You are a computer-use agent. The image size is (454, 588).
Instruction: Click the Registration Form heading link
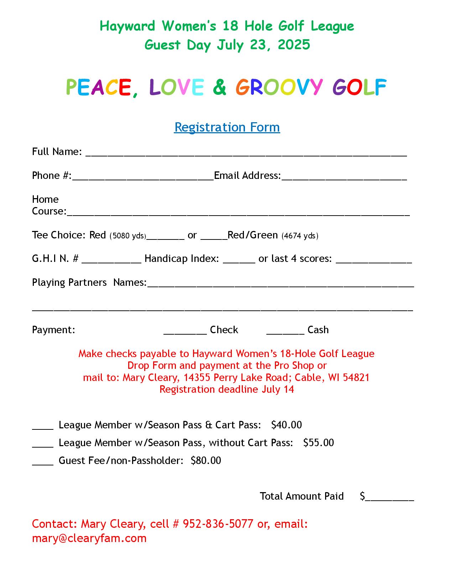pyautogui.click(x=227, y=127)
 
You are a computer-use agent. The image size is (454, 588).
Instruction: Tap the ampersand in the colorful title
pyautogui.click(x=220, y=87)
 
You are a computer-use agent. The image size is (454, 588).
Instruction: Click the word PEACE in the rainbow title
pyautogui.click(x=99, y=87)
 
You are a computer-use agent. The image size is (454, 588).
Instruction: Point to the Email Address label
pyautogui.click(x=247, y=176)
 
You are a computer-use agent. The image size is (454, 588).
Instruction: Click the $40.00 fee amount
pyautogui.click(x=286, y=425)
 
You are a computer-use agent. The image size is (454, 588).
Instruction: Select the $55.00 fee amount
pyautogui.click(x=318, y=443)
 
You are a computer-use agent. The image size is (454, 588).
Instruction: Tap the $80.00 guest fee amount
pyautogui.click(x=206, y=460)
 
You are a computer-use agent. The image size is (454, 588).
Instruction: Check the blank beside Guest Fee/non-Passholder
pyautogui.click(x=43, y=463)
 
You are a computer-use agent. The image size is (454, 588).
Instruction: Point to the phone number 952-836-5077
pyautogui.click(x=218, y=524)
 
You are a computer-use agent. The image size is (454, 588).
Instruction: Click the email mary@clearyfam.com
pyautogui.click(x=89, y=538)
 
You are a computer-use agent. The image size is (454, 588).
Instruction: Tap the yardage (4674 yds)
pyautogui.click(x=300, y=236)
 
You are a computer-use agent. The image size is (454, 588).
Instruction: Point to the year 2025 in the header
pyautogui.click(x=294, y=45)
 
